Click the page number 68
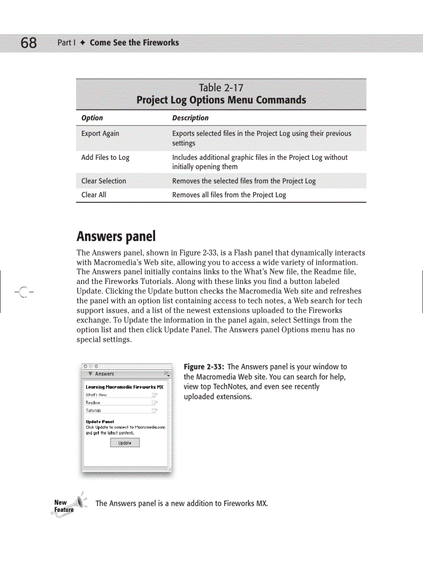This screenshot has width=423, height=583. tap(29, 43)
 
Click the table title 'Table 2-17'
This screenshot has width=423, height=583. tap(221, 87)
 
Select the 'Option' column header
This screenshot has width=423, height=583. tap(92, 118)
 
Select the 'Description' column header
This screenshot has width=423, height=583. tap(190, 118)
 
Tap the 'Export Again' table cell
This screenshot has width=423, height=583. tap(100, 133)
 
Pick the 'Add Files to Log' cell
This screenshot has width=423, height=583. tap(105, 157)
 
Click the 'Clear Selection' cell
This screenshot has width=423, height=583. tap(104, 181)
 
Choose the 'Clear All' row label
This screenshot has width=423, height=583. tap(94, 195)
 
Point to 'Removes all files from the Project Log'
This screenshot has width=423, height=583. tap(229, 195)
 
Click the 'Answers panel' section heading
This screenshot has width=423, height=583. tap(116, 237)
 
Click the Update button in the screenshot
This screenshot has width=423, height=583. tap(125, 443)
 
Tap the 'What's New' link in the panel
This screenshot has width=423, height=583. tap(96, 395)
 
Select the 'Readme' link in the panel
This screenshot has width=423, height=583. tap(93, 402)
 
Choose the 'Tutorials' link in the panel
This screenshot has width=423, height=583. tap(93, 411)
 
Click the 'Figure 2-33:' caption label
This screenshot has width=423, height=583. tap(204, 367)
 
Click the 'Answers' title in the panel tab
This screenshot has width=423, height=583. tap(104, 374)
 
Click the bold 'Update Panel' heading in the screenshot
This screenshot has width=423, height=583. tap(100, 422)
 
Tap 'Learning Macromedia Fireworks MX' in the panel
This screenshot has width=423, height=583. tap(124, 387)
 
